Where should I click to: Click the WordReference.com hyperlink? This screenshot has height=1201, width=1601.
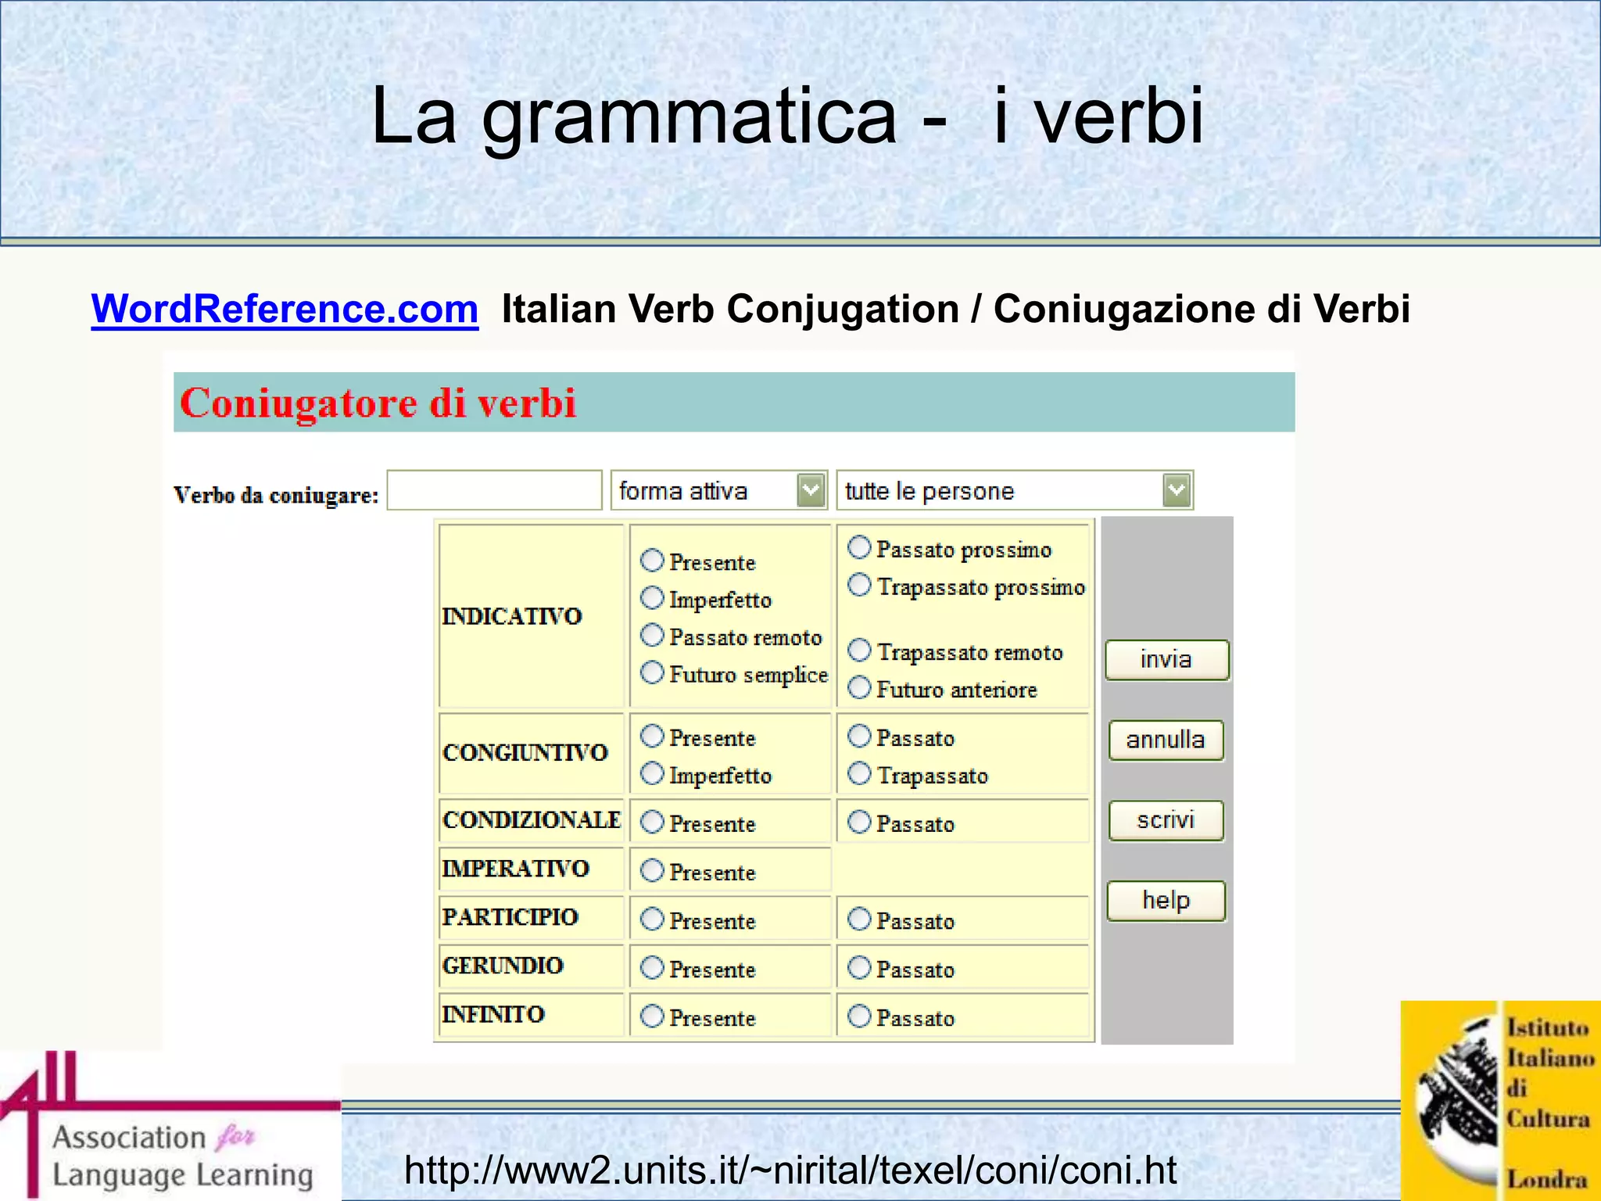(285, 309)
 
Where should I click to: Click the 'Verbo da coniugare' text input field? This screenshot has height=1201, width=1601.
(494, 491)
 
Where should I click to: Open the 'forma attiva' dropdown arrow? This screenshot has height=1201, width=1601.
(811, 491)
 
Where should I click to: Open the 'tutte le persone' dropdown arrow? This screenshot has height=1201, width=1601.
(1177, 491)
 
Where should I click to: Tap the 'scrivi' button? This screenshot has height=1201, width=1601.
(1166, 820)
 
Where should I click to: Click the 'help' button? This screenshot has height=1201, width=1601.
(1166, 901)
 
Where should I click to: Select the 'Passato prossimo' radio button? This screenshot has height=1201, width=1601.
(859, 547)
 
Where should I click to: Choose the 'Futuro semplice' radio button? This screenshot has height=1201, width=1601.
(652, 672)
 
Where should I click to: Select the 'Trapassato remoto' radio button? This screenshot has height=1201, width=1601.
(859, 650)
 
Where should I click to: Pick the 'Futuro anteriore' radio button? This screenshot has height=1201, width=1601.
(859, 687)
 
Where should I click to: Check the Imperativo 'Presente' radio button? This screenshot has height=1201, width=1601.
(652, 870)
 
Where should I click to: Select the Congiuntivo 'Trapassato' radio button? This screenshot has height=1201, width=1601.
(859, 773)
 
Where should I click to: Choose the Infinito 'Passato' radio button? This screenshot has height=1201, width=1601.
(859, 1016)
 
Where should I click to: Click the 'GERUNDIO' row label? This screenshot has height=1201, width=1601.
(503, 966)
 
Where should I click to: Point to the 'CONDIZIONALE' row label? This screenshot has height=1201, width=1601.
(532, 820)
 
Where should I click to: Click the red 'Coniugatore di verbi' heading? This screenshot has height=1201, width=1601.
(378, 403)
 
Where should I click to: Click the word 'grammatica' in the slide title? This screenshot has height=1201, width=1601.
(689, 117)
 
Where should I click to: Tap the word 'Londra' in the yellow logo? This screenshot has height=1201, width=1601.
(1547, 1178)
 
